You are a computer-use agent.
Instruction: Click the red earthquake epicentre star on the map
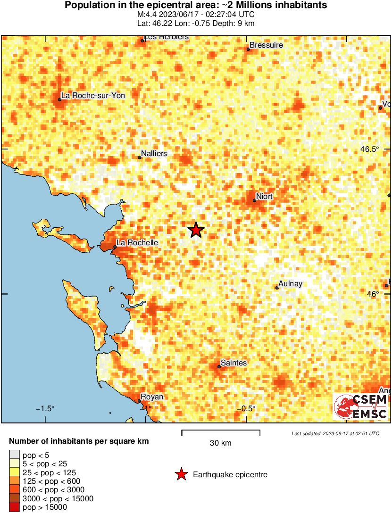click(196, 230)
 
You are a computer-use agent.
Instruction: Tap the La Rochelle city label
click(137, 242)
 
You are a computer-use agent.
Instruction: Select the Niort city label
click(264, 196)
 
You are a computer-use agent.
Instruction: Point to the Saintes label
click(234, 363)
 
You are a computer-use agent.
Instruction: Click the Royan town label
click(152, 397)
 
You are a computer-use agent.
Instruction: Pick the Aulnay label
click(290, 284)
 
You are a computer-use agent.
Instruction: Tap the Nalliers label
click(155, 154)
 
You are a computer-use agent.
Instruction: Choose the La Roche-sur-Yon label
click(93, 95)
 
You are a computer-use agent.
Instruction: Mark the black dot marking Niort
click(254, 200)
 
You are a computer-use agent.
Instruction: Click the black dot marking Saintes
click(219, 366)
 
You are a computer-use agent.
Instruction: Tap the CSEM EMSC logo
click(361, 406)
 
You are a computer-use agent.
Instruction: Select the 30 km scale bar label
click(220, 443)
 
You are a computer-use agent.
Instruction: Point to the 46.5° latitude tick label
click(369, 149)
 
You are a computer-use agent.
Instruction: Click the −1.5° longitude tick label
click(45, 408)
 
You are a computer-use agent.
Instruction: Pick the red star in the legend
click(181, 475)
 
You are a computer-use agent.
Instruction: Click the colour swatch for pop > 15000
click(14, 507)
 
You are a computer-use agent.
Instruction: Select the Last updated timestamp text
click(335, 433)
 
